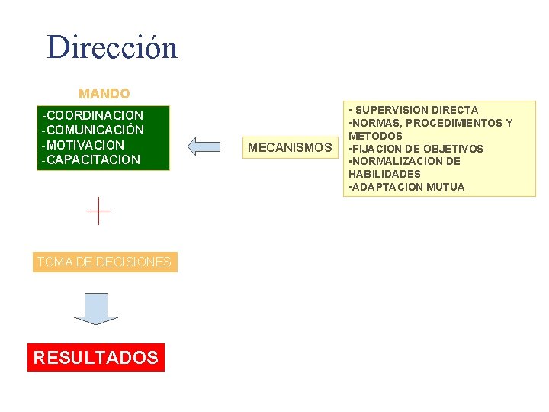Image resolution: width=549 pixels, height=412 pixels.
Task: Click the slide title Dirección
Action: point(112,47)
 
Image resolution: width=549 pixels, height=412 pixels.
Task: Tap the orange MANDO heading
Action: point(104,94)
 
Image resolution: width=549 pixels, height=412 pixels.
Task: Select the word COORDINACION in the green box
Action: point(95,115)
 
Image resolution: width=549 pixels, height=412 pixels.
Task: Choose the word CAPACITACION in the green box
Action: point(94,159)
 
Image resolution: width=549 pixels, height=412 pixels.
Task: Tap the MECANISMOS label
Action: point(291,147)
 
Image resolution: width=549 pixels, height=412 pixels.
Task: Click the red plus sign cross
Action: point(98,211)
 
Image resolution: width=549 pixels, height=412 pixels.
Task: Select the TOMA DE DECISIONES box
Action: point(104,262)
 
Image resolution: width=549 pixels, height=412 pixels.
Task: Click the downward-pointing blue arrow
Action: point(96,308)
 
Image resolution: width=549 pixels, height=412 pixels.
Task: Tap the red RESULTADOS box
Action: point(96,357)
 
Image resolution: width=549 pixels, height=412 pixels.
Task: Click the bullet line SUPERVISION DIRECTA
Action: point(416,110)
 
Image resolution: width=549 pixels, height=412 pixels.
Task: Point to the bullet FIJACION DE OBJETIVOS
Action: point(418,149)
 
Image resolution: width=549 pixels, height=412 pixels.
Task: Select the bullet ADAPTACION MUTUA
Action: point(408,187)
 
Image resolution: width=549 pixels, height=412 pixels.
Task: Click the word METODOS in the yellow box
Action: point(376,136)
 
